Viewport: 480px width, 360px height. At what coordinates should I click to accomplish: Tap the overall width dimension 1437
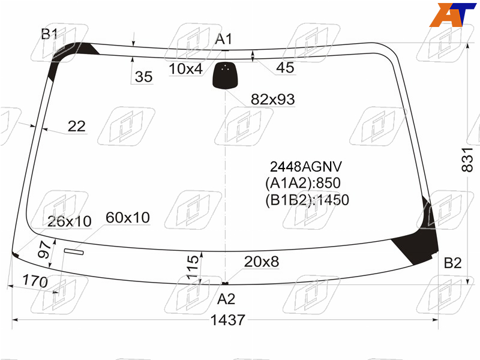[228, 320]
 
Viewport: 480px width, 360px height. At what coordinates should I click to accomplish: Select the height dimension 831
[467, 160]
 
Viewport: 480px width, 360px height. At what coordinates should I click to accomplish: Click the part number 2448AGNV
[306, 167]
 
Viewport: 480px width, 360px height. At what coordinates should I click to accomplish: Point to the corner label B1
[49, 34]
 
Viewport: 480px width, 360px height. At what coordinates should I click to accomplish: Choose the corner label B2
[452, 263]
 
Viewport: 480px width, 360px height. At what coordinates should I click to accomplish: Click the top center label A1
[224, 39]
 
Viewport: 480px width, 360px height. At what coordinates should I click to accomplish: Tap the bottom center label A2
[226, 299]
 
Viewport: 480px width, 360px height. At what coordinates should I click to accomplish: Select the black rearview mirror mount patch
[226, 76]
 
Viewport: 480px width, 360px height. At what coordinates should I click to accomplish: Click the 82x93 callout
[273, 100]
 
